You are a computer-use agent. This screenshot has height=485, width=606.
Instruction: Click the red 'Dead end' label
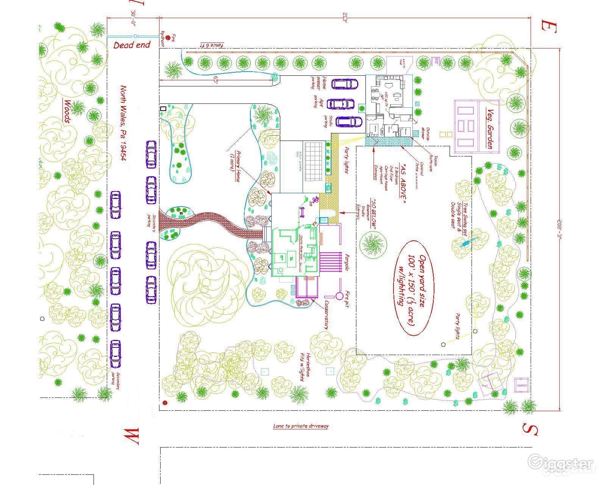132,45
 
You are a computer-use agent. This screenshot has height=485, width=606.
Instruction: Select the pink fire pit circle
339,295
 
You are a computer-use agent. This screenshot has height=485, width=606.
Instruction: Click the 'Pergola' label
346,261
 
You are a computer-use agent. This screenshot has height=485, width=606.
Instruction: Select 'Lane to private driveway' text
301,426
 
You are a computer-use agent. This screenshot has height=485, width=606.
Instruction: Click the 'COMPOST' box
522,385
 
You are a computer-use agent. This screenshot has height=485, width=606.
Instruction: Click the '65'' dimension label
216,80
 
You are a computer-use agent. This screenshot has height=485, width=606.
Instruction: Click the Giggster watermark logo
562,463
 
